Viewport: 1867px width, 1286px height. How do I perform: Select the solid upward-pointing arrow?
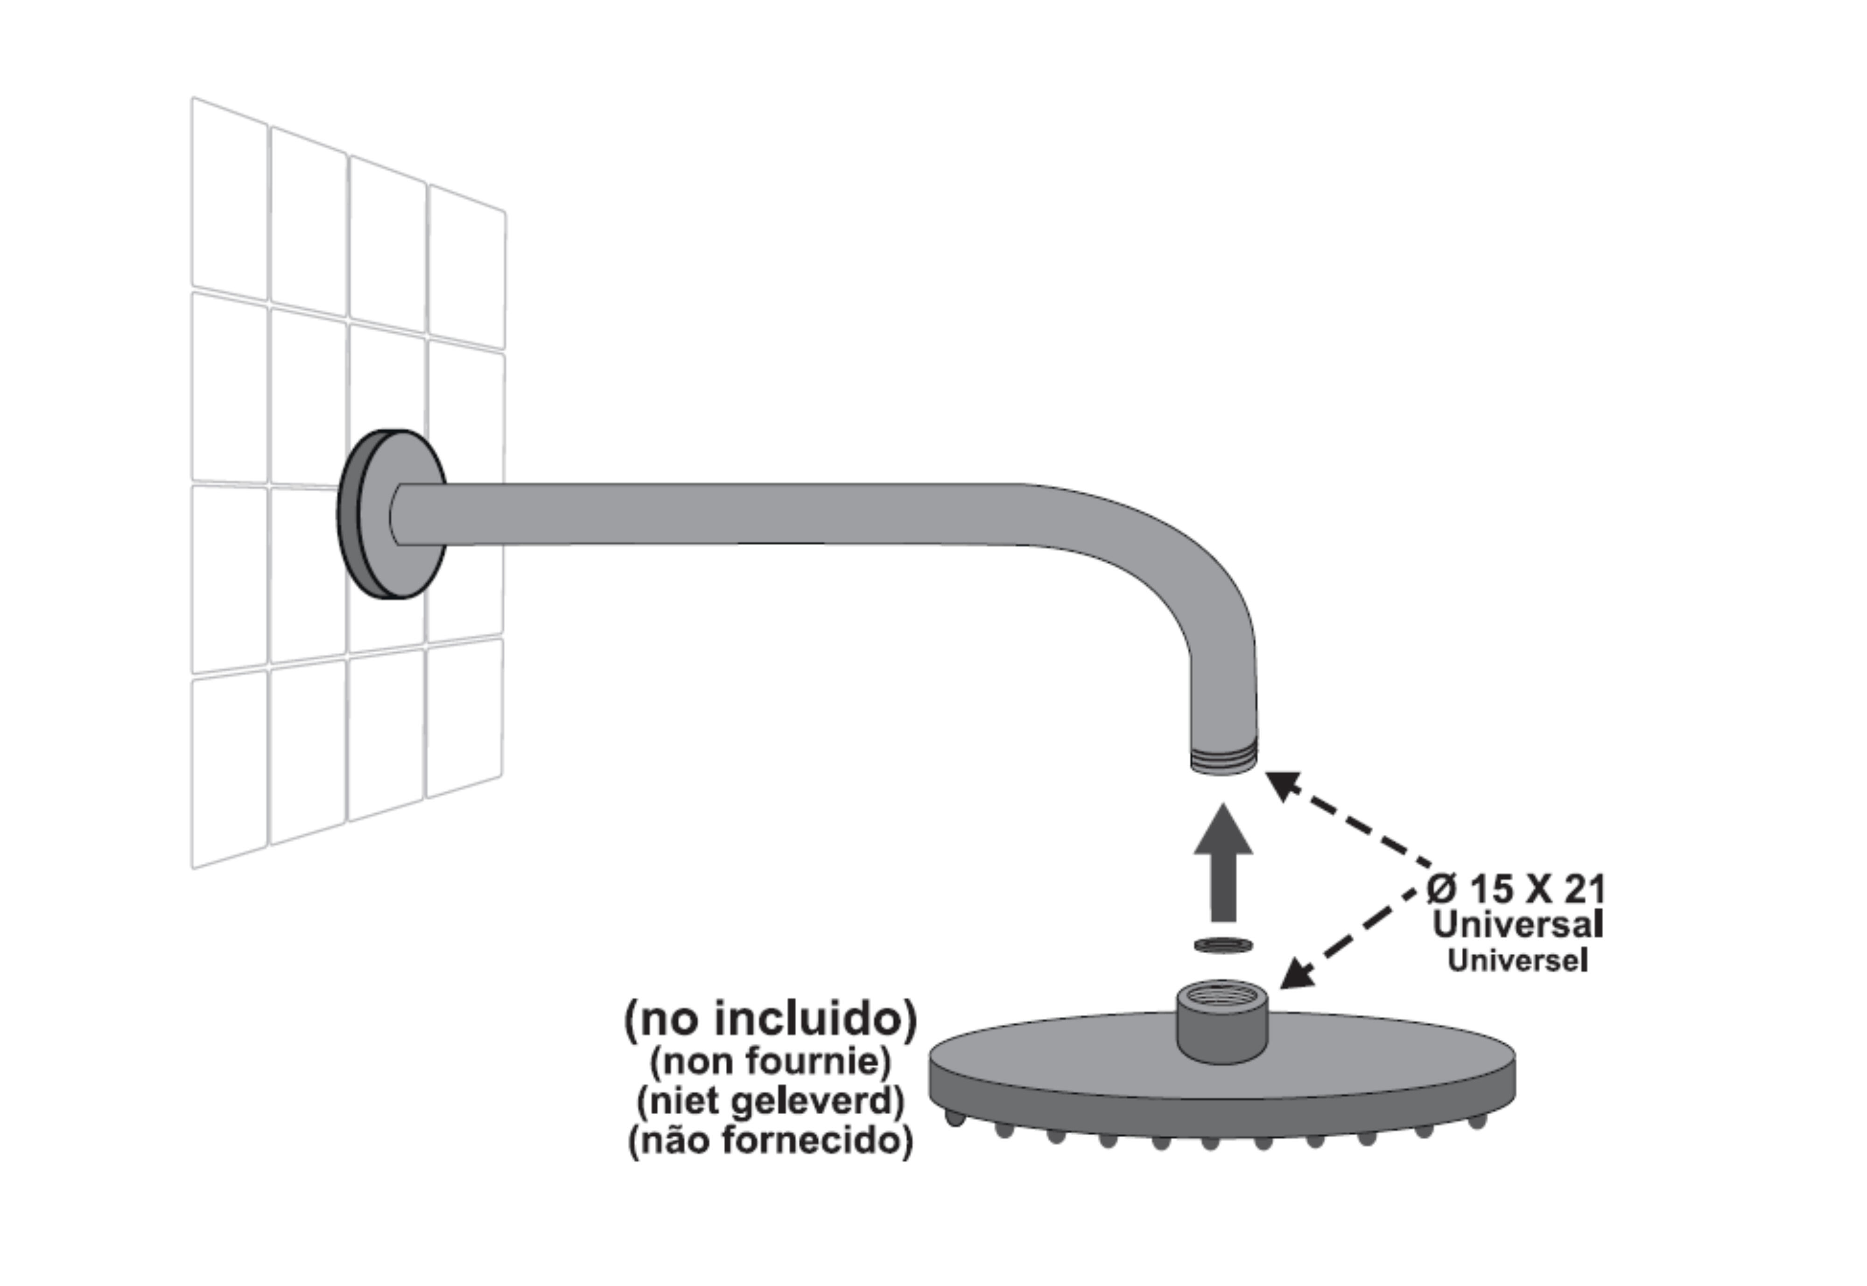(1223, 862)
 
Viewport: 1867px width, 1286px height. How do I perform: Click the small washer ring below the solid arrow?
(1223, 944)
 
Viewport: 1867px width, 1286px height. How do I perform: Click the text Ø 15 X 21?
(1516, 889)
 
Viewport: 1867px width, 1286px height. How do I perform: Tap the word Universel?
(1517, 960)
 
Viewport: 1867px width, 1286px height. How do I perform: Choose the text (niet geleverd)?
(770, 1101)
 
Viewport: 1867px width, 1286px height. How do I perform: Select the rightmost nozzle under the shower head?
(1477, 1121)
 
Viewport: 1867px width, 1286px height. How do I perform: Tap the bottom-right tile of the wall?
(464, 717)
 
